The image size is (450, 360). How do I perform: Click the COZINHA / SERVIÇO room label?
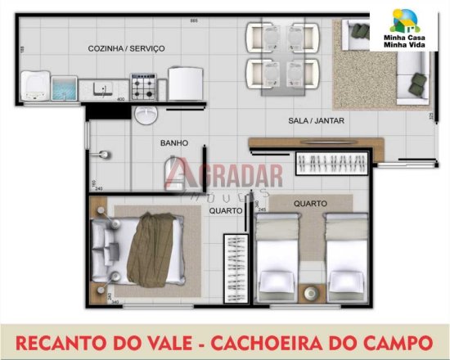pyautogui.click(x=127, y=49)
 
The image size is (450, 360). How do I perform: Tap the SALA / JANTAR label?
pyautogui.click(x=316, y=121)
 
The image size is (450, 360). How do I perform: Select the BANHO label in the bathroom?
pyautogui.click(x=174, y=143)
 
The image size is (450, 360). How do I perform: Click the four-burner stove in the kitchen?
pyautogui.click(x=144, y=85)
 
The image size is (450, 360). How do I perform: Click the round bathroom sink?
pyautogui.click(x=146, y=114)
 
